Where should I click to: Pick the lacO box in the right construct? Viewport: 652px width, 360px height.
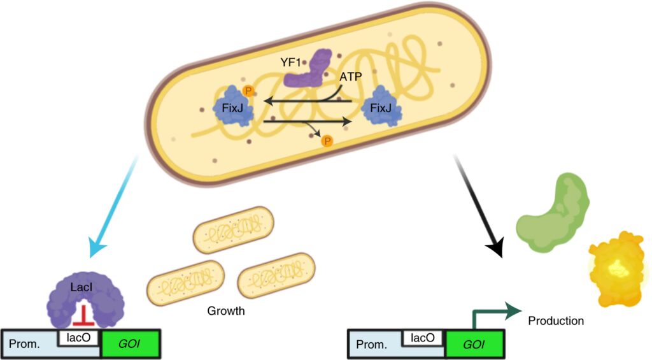(423, 337)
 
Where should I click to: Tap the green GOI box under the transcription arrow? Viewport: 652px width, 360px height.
(474, 345)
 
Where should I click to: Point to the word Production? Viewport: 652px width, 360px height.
(556, 320)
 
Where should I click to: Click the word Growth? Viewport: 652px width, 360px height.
(226, 312)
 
